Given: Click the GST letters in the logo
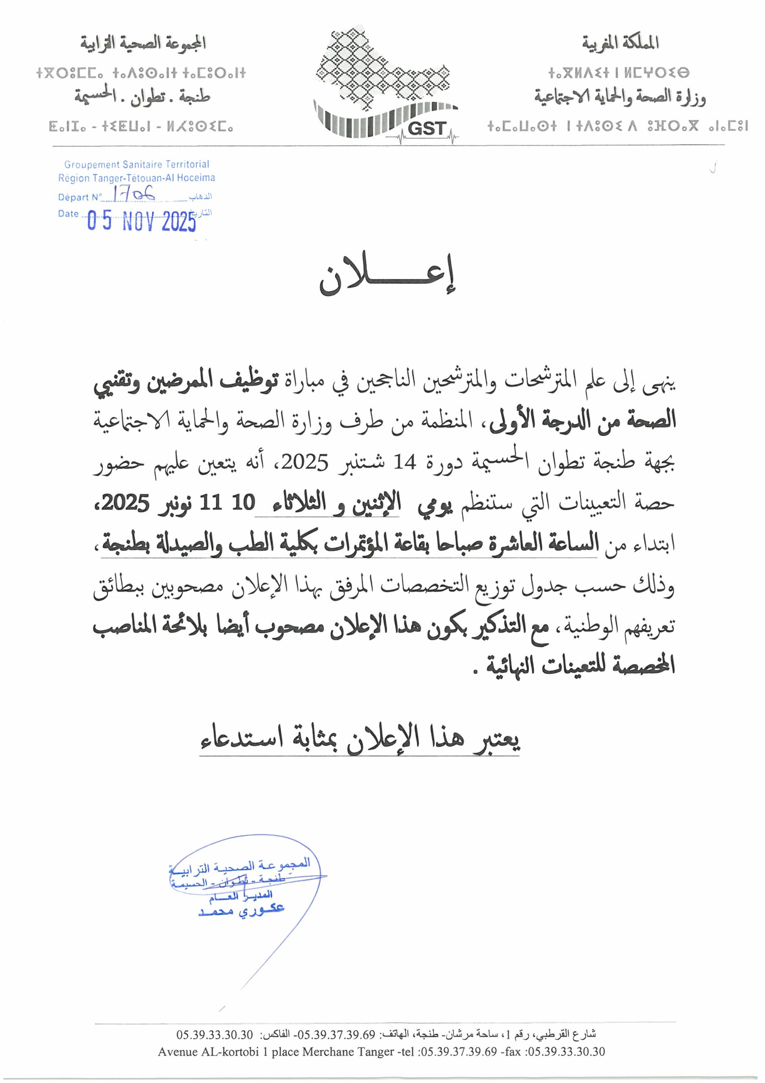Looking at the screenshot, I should click(426, 128).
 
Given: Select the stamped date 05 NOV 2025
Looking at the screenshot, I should click(142, 221).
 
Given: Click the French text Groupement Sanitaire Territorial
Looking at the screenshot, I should click(137, 165).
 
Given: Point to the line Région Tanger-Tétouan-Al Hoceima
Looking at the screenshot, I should click(137, 178).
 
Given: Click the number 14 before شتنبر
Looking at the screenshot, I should click(405, 462).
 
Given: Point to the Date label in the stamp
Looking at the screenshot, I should click(68, 214).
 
